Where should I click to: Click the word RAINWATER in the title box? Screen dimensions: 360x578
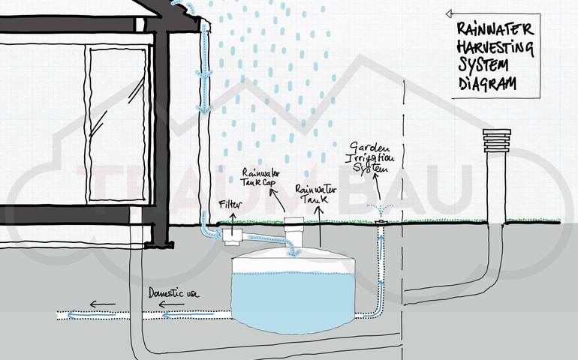coord(495,31)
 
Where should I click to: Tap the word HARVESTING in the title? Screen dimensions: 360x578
coord(496,49)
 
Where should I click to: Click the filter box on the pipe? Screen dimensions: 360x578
coord(232,235)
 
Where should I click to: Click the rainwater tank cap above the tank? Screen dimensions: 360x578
coord(295,226)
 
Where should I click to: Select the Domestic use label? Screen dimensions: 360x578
coord(177,292)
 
